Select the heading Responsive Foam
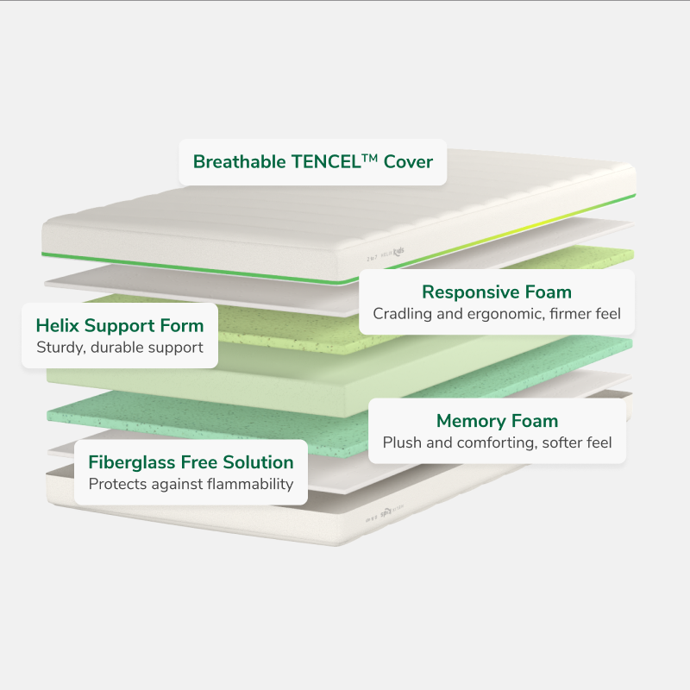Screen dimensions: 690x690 tap(496, 292)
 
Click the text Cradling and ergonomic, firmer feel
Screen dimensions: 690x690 tap(496, 314)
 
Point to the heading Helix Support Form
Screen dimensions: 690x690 tap(120, 326)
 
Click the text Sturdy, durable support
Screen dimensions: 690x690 tap(119, 348)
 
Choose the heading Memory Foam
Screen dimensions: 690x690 tap(497, 421)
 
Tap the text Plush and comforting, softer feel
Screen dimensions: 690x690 tap(497, 443)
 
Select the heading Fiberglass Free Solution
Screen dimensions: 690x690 tap(191, 462)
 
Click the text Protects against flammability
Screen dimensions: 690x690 tap(191, 484)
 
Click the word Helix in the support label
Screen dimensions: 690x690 tap(57, 326)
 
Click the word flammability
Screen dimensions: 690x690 tap(250, 484)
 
